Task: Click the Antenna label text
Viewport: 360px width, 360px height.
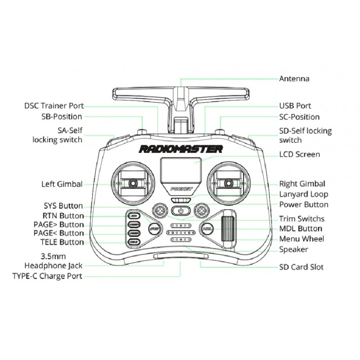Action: tap(294, 79)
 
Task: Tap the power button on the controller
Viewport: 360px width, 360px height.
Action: tap(181, 210)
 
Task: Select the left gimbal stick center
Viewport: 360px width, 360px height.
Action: tap(133, 183)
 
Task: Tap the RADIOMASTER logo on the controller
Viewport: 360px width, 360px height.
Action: tap(180, 149)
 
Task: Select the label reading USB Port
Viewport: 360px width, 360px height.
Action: tap(295, 106)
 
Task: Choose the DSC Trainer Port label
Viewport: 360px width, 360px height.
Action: tap(54, 106)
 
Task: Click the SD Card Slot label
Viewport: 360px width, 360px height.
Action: tap(301, 267)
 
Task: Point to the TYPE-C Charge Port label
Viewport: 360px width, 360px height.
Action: tap(47, 276)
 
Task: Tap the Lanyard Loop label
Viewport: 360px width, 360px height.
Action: tap(304, 194)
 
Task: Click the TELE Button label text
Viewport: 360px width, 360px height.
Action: tap(59, 242)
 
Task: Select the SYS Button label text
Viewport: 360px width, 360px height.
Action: tap(63, 206)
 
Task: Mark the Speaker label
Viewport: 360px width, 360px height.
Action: tap(294, 249)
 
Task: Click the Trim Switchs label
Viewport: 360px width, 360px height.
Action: tap(302, 219)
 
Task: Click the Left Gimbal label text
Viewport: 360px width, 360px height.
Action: tap(62, 184)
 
